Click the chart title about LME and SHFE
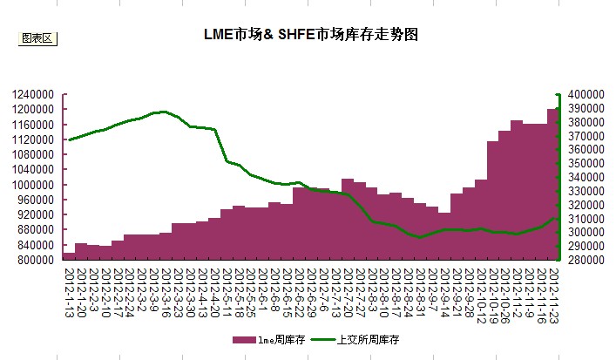309,36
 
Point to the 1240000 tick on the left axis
35,94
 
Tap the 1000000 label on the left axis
35,185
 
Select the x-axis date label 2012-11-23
552,292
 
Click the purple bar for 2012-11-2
517,192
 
